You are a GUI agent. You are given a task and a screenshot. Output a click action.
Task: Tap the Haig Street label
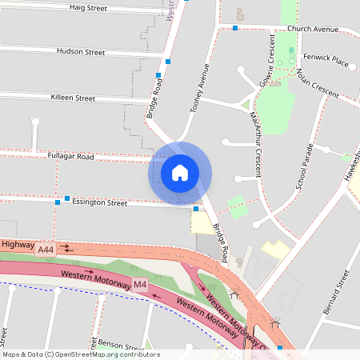[88, 8]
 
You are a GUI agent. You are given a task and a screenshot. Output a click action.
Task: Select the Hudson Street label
[81, 52]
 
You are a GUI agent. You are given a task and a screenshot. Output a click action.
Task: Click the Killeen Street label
[73, 98]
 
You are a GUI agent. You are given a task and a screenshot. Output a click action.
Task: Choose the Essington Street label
[100, 203]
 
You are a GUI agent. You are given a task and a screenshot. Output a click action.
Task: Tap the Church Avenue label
[313, 29]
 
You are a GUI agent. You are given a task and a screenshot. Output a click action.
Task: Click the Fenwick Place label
[326, 59]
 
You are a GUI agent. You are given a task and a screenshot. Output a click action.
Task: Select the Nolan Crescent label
[318, 82]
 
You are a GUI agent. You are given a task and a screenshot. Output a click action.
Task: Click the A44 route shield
[46, 250]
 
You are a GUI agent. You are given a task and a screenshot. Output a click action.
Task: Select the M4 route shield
[140, 284]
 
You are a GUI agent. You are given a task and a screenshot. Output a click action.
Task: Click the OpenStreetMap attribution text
[80, 354]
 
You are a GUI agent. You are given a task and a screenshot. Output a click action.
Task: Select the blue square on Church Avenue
[235, 29]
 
